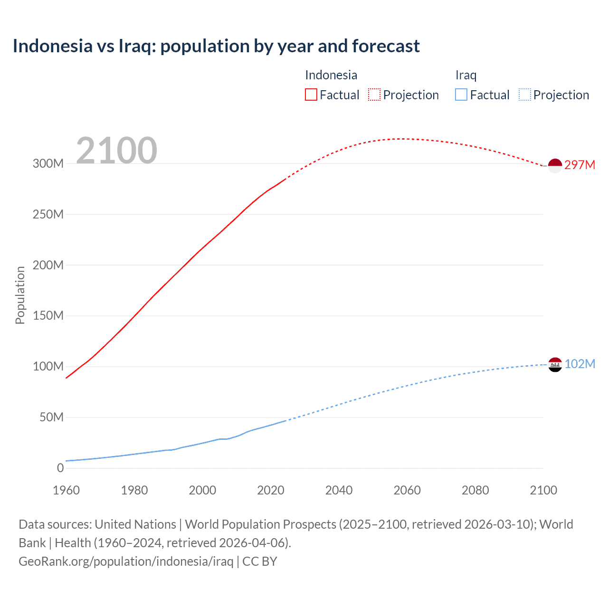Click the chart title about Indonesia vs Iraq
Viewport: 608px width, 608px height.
pos(216,46)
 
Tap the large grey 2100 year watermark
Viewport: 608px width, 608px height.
pos(116,150)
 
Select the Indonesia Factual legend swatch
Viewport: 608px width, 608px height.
pos(311,95)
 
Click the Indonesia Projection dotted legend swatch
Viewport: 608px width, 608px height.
pos(374,95)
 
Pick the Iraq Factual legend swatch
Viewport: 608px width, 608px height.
pos(461,95)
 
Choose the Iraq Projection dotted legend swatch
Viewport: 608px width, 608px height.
pos(524,95)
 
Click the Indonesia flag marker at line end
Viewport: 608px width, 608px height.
pos(555,165)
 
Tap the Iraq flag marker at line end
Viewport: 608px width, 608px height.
pos(555,364)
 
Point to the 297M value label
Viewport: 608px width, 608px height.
pos(579,165)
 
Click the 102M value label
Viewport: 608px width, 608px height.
pos(579,364)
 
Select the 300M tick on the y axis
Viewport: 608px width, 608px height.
pos(48,163)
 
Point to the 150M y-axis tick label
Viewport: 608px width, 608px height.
pos(48,316)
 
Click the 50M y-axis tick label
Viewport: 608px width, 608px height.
pos(51,418)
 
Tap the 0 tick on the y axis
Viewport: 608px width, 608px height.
pos(60,468)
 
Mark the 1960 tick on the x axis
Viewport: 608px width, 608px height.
pos(66,490)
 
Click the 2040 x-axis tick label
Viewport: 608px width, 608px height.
pos(339,490)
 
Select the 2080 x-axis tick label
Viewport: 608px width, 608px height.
pos(475,490)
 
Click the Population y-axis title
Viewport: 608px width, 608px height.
pos(20,295)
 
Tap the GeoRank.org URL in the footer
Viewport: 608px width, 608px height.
pos(126,561)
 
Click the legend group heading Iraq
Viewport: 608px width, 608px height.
pos(465,75)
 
